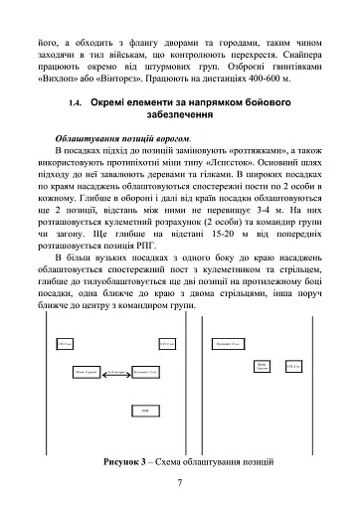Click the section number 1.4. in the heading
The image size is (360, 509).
click(x=74, y=102)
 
